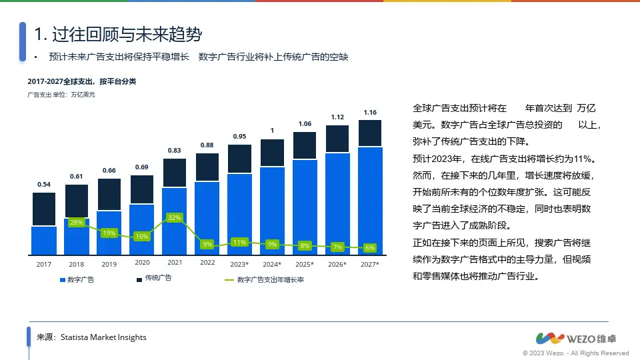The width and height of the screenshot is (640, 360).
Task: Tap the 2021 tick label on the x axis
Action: pyautogui.click(x=175, y=263)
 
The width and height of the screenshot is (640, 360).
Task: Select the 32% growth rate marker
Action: pyautogui.click(x=174, y=217)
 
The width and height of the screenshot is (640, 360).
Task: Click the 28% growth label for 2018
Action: pyautogui.click(x=77, y=222)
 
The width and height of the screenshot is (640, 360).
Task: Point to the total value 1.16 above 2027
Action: pyautogui.click(x=370, y=112)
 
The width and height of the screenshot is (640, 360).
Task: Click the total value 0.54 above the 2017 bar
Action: pyautogui.click(x=44, y=184)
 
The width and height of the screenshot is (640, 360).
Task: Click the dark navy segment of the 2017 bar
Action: pyautogui.click(x=44, y=209)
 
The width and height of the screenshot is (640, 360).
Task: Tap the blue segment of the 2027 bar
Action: pyautogui.click(x=370, y=200)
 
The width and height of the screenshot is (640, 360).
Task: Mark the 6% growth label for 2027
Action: pyautogui.click(x=370, y=248)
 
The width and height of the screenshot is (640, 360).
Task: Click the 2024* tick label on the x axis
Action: pyautogui.click(x=272, y=264)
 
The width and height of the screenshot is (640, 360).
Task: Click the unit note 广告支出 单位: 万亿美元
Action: pyautogui.click(x=61, y=95)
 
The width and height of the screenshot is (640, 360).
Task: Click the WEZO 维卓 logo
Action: pyautogui.click(x=582, y=337)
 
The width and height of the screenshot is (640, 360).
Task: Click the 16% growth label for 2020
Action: pyautogui.click(x=141, y=236)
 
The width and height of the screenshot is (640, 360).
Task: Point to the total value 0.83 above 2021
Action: pyautogui.click(x=175, y=151)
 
